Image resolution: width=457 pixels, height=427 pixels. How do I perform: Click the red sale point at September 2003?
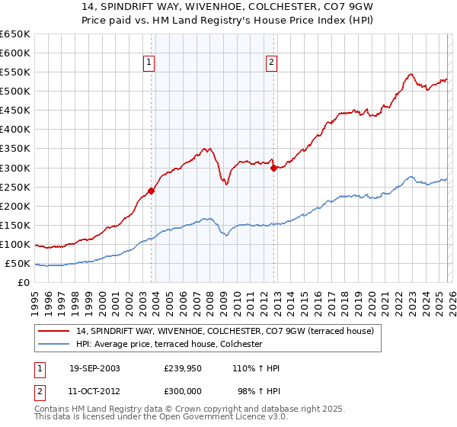point(152,191)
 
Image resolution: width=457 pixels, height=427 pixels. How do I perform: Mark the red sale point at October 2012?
point(273,168)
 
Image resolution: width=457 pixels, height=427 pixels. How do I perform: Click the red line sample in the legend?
point(55,332)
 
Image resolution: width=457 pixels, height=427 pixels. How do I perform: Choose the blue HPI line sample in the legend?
point(55,345)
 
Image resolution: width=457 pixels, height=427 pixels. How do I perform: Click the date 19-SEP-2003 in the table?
point(94,368)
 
